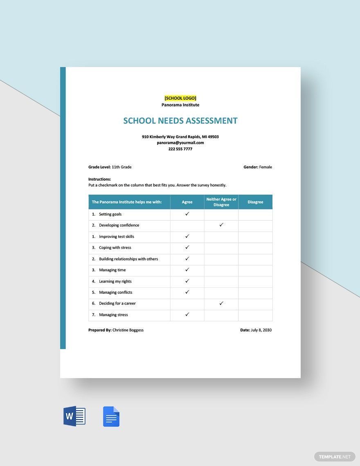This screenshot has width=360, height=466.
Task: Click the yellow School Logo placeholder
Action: tap(180, 98)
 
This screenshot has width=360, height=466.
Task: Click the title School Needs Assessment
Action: tap(180, 121)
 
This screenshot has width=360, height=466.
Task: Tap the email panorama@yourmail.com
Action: tap(180, 143)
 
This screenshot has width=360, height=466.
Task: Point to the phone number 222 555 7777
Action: tap(180, 149)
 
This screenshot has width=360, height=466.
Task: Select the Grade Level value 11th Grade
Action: tap(122, 167)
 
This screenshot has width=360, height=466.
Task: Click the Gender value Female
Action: tap(265, 167)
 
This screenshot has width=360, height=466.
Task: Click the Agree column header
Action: tap(187, 202)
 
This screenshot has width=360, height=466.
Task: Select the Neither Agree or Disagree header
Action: tap(221, 202)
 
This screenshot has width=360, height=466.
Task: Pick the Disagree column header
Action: tap(255, 202)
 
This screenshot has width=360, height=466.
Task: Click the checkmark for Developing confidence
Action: tap(221, 225)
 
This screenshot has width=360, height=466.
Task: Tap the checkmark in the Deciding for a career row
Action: tap(221, 303)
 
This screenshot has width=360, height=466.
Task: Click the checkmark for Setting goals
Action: tap(187, 214)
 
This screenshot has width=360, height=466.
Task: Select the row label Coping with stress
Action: tap(115, 248)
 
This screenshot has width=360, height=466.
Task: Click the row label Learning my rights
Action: tap(115, 281)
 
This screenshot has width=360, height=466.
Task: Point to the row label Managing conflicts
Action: tap(115, 292)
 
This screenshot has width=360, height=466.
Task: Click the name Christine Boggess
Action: tap(128, 330)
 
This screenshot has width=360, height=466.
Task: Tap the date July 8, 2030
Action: tap(261, 330)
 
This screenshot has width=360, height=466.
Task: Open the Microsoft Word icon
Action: tap(74, 417)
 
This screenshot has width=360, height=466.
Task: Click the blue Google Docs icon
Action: tap(111, 417)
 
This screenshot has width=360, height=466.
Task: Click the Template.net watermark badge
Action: tap(335, 457)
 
